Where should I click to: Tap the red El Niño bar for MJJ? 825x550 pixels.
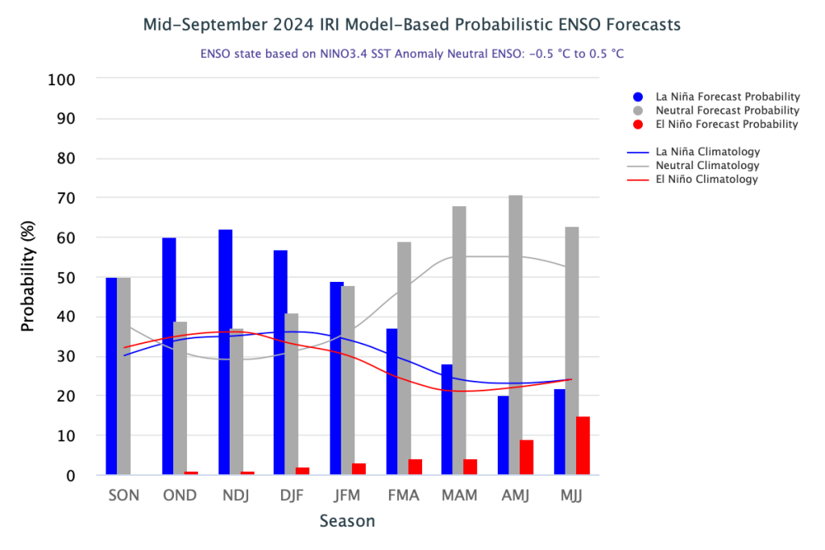[x=583, y=445]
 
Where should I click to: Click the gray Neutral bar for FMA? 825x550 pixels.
[x=404, y=358]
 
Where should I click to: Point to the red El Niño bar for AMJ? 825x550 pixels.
[x=527, y=457]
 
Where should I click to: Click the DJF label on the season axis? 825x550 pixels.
[x=292, y=495]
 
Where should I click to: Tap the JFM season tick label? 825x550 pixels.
[x=347, y=495]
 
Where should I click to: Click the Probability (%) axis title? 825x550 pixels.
[x=28, y=277]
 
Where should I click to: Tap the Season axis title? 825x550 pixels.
[x=347, y=521]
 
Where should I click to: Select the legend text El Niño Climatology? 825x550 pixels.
[x=707, y=180]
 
